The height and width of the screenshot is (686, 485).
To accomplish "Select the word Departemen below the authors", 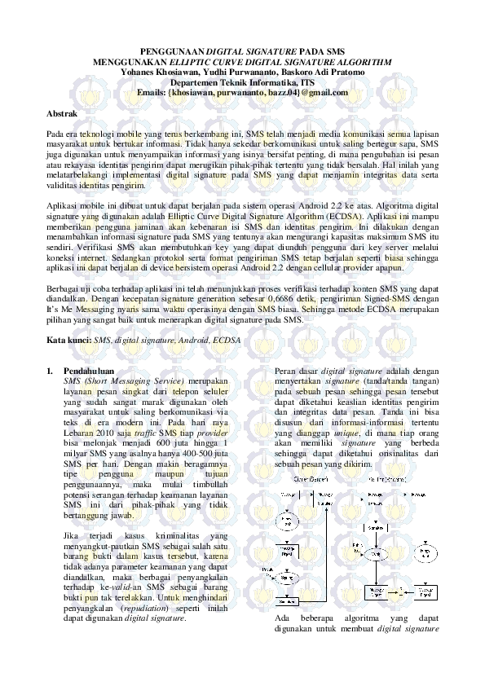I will pyautogui.click(x=196, y=82).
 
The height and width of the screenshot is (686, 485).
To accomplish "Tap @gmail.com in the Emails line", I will pyautogui.click(x=322, y=93).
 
